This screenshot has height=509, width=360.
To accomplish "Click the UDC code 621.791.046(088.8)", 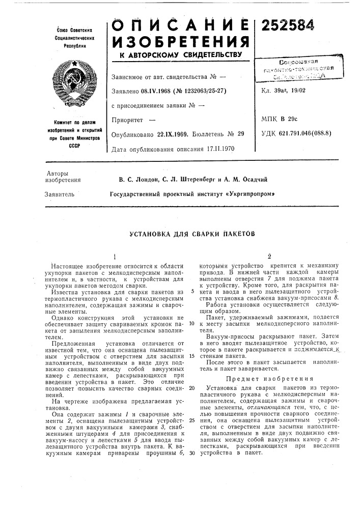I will (305, 134).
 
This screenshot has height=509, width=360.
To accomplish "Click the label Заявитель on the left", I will (60, 194).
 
